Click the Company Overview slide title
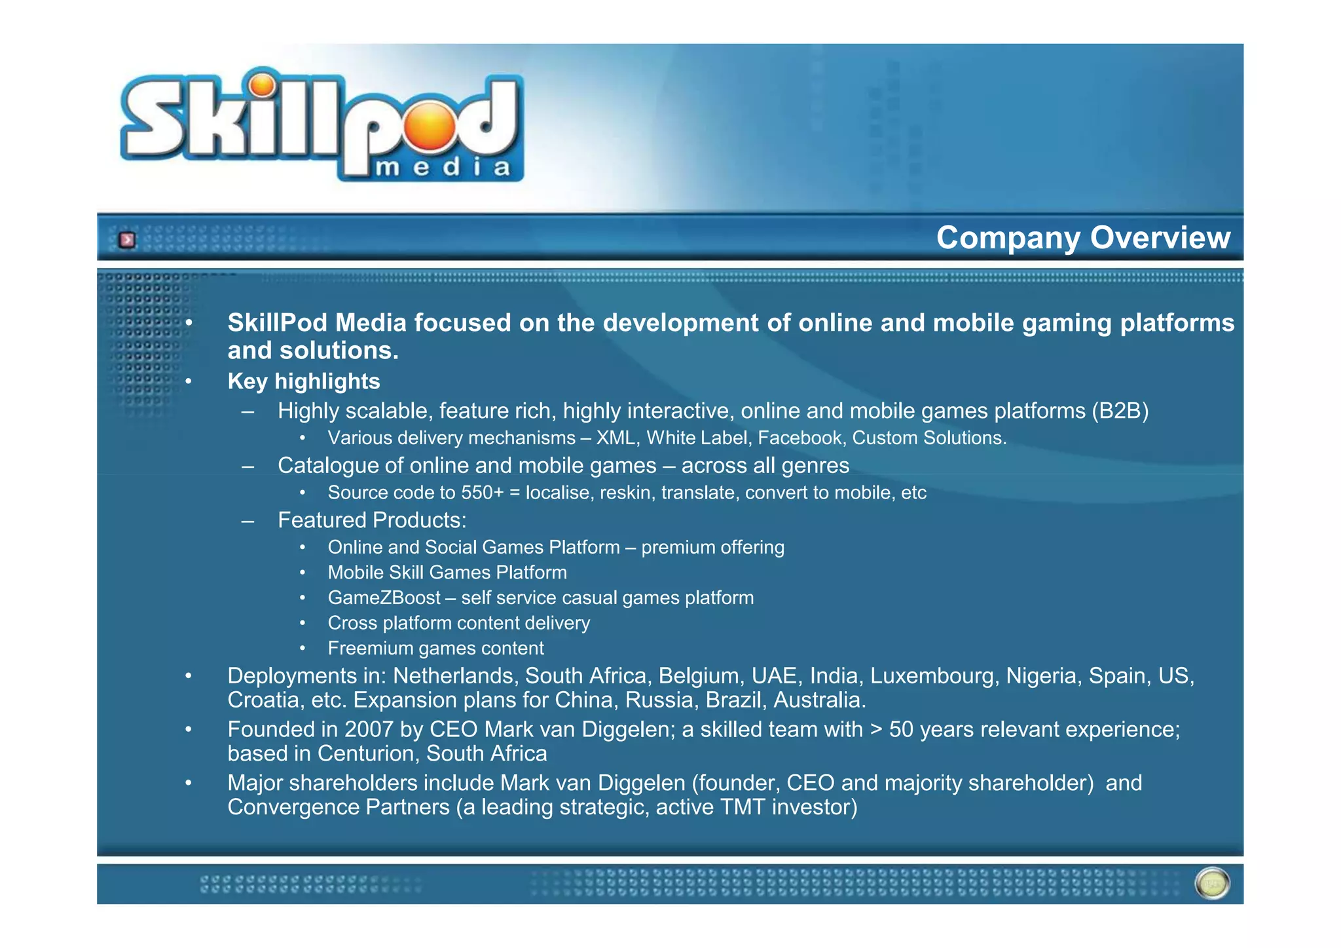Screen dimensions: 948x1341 [1083, 237]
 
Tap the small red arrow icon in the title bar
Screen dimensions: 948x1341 [127, 240]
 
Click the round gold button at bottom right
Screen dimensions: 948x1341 [1212, 884]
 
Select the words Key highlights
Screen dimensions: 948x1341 [304, 381]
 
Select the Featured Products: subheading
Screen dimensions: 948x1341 [372, 520]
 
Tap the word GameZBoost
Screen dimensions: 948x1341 [384, 597]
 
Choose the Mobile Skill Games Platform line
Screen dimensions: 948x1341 [447, 573]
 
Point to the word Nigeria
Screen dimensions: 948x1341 [1040, 675]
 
